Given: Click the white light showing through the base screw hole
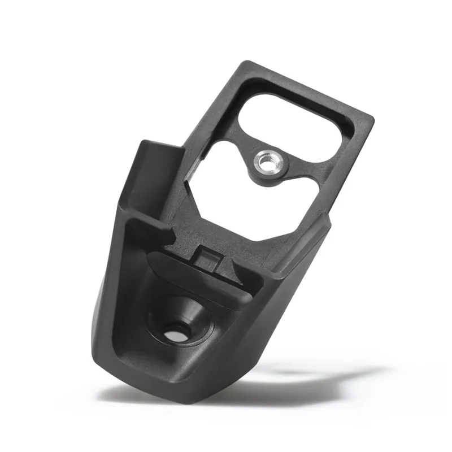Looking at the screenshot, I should pos(176,335).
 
